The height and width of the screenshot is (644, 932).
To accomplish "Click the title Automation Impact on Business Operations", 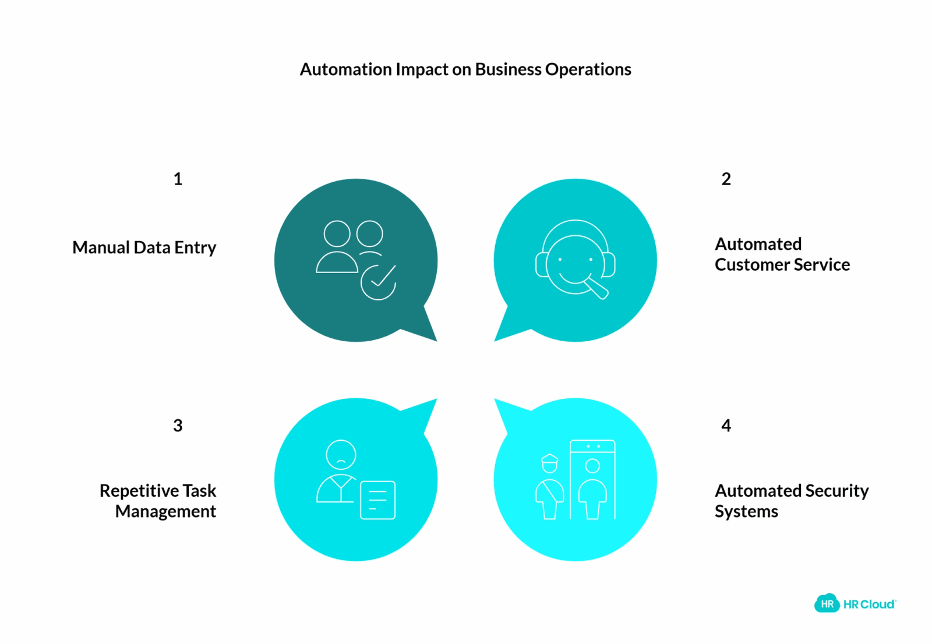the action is coord(465,69).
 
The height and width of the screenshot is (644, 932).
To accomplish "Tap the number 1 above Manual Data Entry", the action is coord(178,179).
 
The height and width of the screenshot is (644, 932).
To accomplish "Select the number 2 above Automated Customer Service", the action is coord(726,179).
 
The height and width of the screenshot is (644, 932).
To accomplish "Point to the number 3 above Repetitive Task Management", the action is coord(178,425).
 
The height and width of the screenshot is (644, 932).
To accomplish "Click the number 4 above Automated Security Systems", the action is coord(726,425).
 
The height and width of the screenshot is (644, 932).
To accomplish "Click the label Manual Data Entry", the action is coord(144,247).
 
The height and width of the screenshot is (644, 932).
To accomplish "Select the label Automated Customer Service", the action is coord(782,254).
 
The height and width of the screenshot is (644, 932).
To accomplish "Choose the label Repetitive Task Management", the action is coord(158,501).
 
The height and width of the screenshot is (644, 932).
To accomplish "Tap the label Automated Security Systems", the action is coord(792,501).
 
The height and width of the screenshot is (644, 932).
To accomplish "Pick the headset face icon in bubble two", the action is coord(576,259).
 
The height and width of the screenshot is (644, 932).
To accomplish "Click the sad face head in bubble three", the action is coord(341,455).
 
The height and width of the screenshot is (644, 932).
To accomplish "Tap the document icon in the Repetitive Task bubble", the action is coord(378,500).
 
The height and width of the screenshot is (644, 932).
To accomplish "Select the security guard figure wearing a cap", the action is coord(550,487).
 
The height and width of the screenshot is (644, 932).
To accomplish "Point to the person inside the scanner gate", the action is coord(592,489).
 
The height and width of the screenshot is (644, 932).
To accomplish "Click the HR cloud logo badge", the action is coord(827,603).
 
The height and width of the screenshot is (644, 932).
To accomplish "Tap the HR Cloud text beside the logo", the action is coord(870,604).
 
